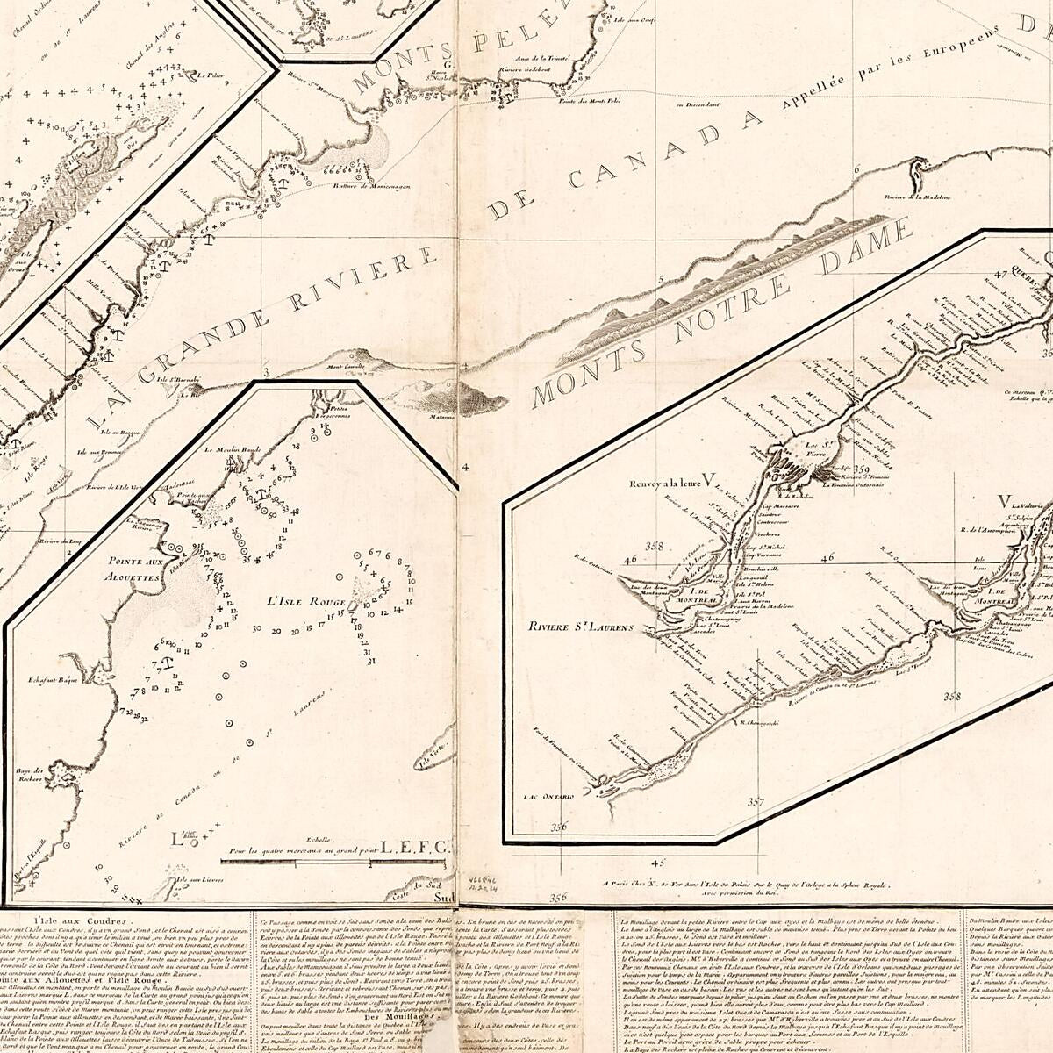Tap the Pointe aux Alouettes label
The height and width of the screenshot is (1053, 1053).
click(x=132, y=569)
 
